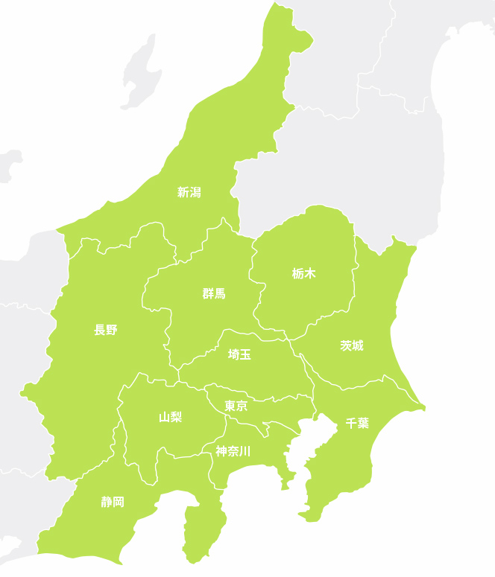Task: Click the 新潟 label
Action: [189, 192]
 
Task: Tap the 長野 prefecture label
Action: [106, 330]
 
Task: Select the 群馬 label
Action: [214, 293]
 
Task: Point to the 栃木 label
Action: [304, 273]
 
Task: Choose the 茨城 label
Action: [352, 345]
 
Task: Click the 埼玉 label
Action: [239, 354]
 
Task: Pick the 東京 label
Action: [236, 406]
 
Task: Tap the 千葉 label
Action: [357, 423]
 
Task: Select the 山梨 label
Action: [170, 417]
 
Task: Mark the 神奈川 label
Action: [233, 450]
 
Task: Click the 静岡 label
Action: [113, 502]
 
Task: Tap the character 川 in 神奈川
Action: [245, 450]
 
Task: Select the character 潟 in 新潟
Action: [195, 192]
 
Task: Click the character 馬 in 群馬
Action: [220, 293]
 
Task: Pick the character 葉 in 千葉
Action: [363, 423]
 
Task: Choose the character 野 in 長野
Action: [112, 330]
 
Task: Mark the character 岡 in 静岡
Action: [119, 502]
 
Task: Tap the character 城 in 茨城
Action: [358, 345]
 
